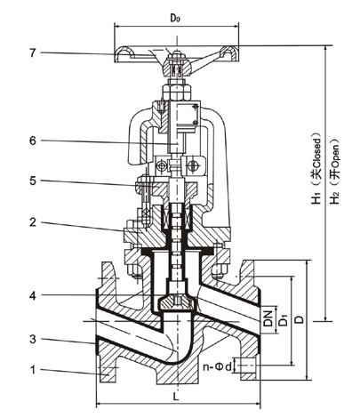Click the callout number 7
tap(33, 53)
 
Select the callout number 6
tap(33, 141)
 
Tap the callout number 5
tap(33, 181)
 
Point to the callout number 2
tap(33, 222)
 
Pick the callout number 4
tap(33, 295)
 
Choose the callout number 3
tap(33, 339)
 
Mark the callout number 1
tap(33, 370)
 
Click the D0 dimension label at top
tap(175, 18)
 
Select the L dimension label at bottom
tap(177, 397)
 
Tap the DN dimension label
tap(268, 318)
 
